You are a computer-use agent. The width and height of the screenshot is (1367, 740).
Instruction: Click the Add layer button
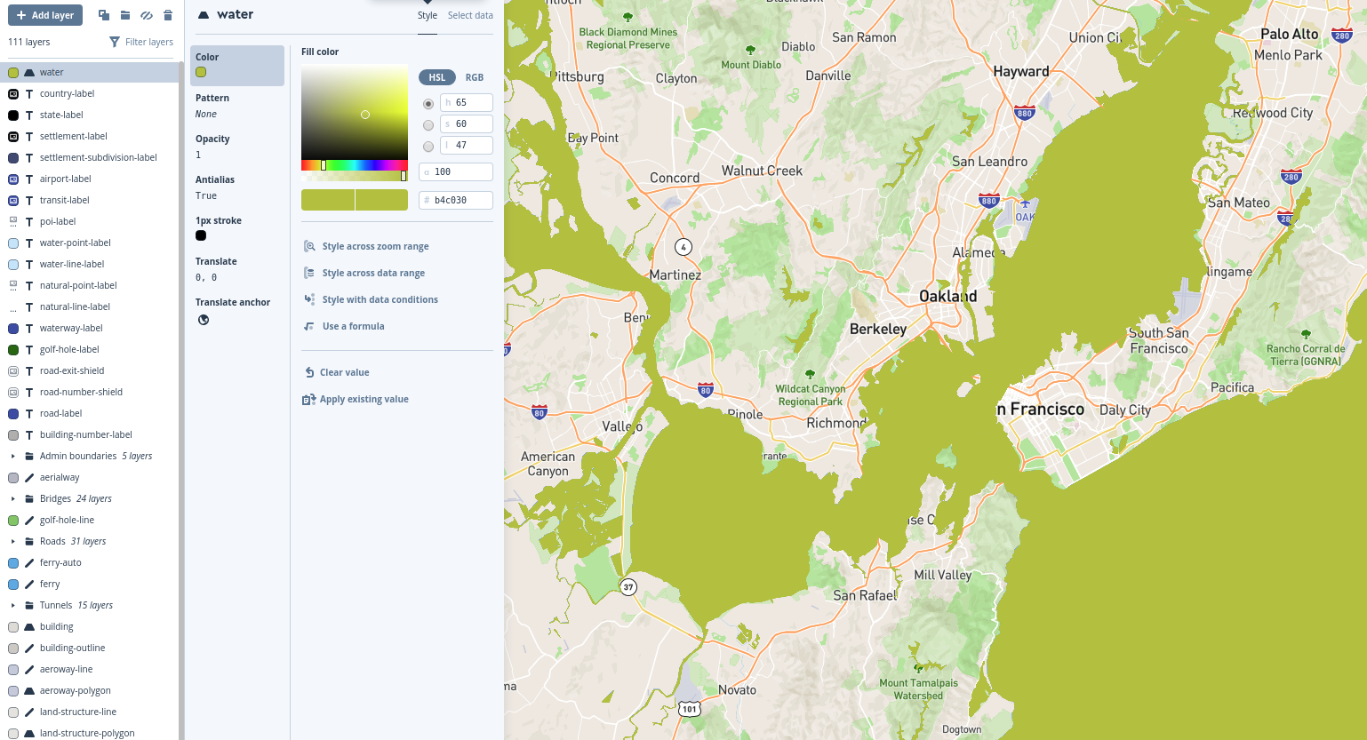point(45,15)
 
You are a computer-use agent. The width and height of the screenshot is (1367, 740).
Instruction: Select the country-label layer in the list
point(67,93)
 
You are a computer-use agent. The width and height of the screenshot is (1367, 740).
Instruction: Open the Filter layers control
point(141,42)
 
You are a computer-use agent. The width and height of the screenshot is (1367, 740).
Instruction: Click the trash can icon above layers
point(168,15)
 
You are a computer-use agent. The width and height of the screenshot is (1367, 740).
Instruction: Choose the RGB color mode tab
point(475,77)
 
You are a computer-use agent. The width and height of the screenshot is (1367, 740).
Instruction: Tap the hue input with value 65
point(466,102)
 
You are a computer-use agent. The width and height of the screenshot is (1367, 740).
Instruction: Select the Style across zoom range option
point(375,246)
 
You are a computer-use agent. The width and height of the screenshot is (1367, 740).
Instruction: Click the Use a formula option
point(353,326)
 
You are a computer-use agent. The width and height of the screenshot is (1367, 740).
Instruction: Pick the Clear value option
point(344,372)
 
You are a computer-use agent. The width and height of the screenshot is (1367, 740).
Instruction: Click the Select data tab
point(470,15)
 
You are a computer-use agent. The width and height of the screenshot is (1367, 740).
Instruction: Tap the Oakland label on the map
point(947,296)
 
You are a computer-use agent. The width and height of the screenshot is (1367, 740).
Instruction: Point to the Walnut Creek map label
point(762,171)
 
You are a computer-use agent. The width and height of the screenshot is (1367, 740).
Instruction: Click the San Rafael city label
point(865,595)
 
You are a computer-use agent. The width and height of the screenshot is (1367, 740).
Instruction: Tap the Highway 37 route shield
point(628,587)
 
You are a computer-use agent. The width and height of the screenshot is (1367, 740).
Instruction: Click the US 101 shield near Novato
point(690,709)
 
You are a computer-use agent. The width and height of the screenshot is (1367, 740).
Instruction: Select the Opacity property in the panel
point(212,139)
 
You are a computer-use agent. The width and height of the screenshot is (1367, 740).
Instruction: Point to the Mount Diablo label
point(751,64)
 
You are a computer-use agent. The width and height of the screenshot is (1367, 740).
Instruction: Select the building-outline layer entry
point(72,648)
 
